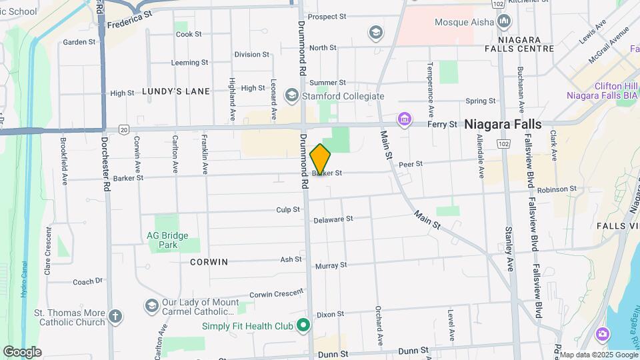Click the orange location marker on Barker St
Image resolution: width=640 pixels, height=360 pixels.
coord(320,159)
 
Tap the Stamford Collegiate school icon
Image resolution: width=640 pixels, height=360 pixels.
coord(291,96)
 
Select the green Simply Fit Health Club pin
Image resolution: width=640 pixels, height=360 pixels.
coord(303,326)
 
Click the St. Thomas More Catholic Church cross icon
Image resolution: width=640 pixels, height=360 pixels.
coord(115,317)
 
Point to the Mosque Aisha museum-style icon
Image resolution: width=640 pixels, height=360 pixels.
coord(503,21)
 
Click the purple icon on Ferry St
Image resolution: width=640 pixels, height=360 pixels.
coord(403,120)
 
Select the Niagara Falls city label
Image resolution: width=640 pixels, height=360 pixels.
coord(503,124)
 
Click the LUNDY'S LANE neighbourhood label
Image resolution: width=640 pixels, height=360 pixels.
coord(175,91)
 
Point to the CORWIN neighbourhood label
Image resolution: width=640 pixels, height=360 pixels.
coord(209,262)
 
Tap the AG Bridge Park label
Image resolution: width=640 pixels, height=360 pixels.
coord(167,240)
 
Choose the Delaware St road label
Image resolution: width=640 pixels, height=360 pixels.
coord(333,219)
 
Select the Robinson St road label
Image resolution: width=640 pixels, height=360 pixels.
coord(557,189)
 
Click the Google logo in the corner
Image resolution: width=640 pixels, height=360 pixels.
coord(22,351)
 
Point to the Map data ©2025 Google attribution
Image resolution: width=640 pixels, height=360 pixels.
coord(599,355)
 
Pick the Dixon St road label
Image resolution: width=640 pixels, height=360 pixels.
coord(330,314)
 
